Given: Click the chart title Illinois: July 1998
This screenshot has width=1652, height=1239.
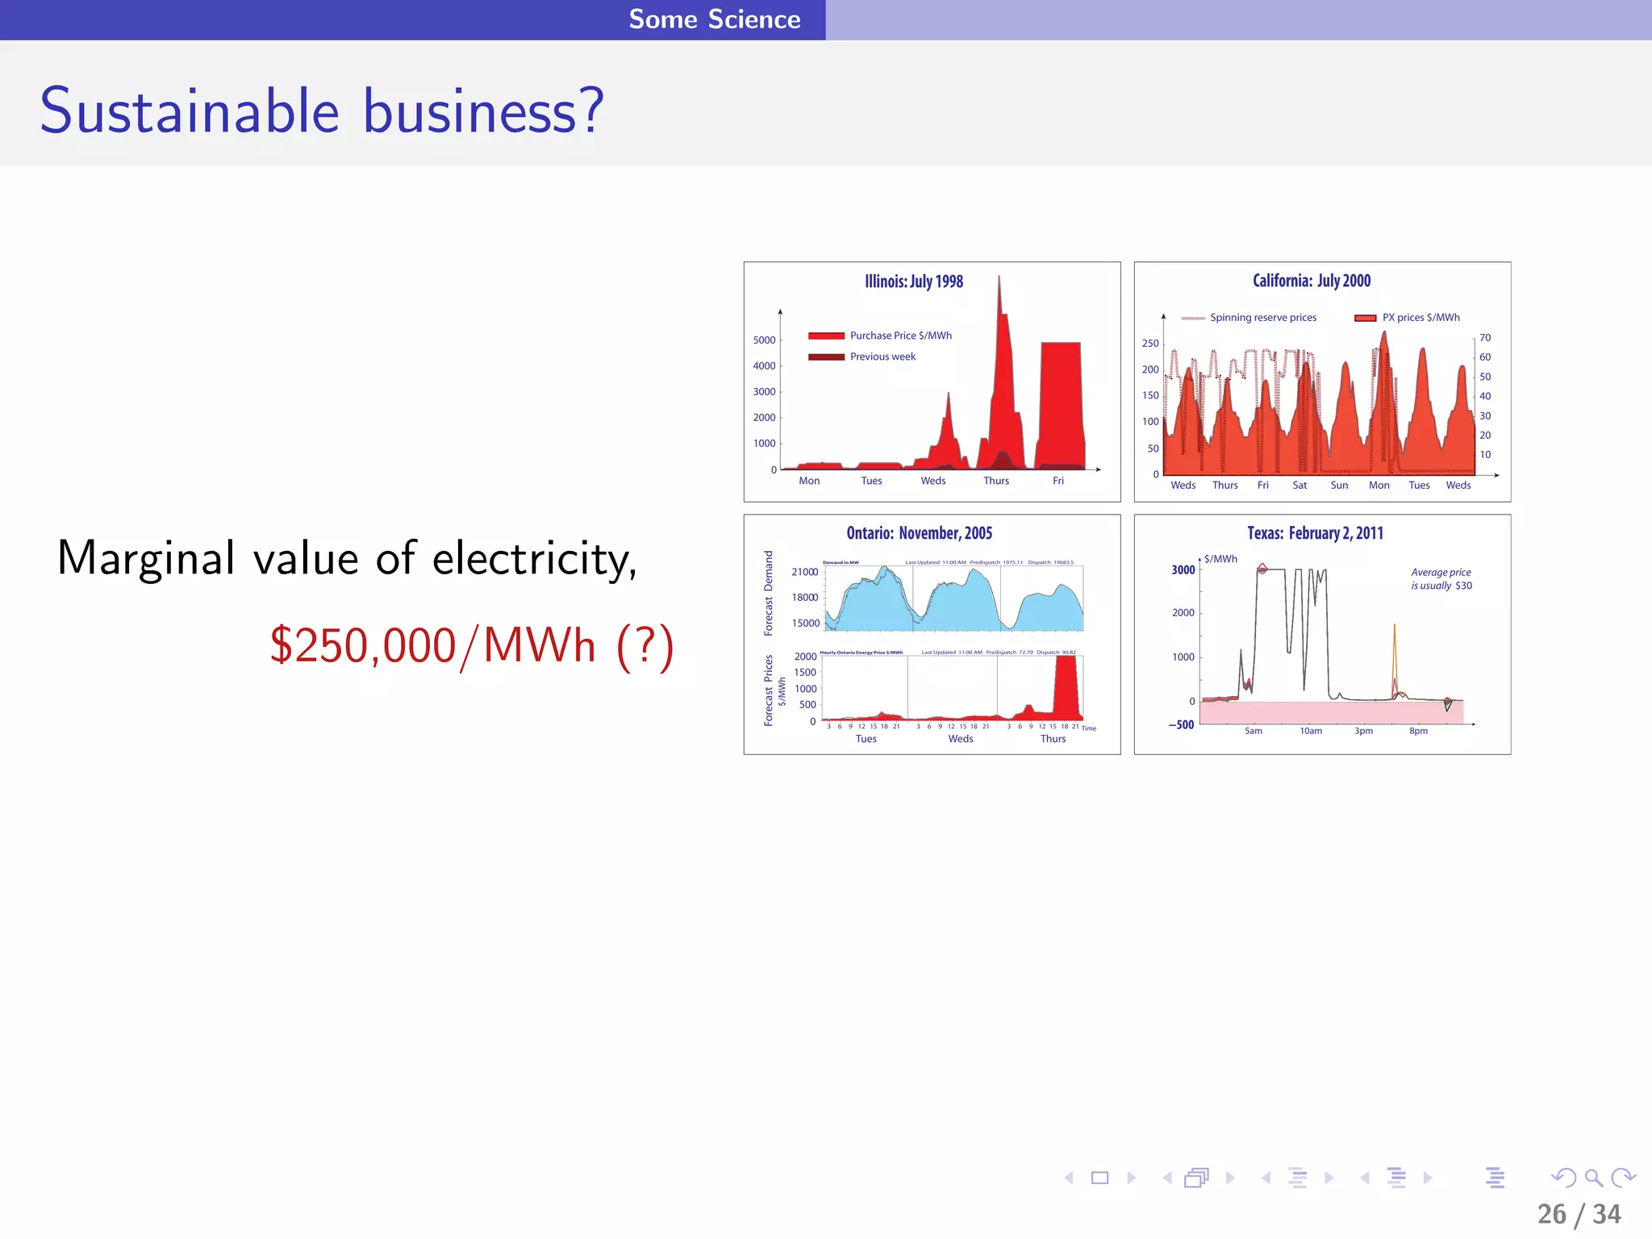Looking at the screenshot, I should [914, 282].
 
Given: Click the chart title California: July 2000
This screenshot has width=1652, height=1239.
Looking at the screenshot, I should [1312, 281].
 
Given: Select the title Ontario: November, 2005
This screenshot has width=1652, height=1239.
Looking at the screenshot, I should [919, 533].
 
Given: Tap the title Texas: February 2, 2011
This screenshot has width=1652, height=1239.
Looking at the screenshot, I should [1315, 533].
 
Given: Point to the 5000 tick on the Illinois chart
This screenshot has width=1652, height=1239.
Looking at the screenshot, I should [764, 340].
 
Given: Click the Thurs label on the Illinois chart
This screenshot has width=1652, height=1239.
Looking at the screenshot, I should [996, 481].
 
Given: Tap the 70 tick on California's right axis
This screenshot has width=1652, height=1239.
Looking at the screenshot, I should [1485, 338].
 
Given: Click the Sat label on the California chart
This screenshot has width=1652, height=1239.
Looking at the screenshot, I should [1299, 486].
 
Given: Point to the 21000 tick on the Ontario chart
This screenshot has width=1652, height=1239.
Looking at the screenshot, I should [804, 572].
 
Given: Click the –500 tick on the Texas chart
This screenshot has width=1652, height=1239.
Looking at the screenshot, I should [1182, 724].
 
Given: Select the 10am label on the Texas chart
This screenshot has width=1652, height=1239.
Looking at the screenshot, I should [1311, 732].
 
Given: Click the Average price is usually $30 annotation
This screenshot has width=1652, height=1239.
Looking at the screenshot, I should [1441, 579].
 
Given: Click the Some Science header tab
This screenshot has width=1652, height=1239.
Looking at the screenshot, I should [714, 19].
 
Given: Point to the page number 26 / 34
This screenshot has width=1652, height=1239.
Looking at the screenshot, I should [1579, 1214].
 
